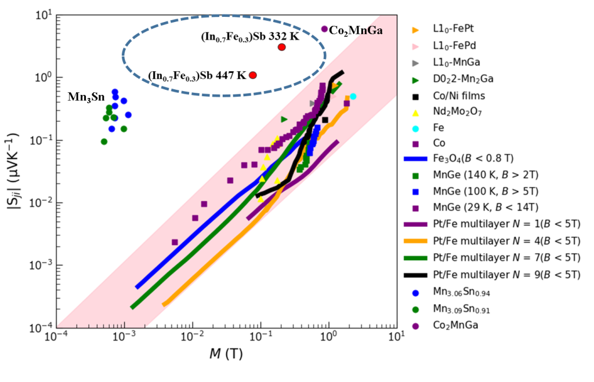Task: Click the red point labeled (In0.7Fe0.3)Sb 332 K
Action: [282, 47]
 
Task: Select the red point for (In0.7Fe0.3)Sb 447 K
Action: [253, 75]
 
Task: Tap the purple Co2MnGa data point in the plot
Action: [324, 29]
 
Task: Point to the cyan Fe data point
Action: [353, 96]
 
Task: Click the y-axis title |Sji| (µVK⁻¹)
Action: [17, 171]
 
